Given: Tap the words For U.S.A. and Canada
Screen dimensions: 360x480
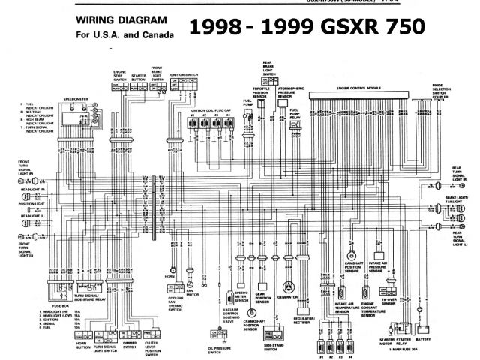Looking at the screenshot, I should pyautogui.click(x=124, y=35).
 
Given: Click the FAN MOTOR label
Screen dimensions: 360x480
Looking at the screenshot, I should pyautogui.click(x=193, y=295).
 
